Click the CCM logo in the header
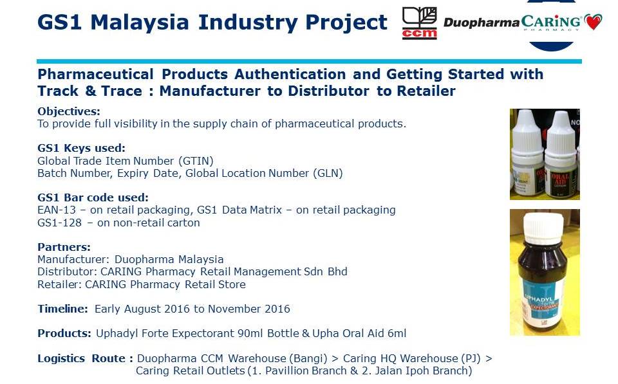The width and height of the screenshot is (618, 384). [419, 23]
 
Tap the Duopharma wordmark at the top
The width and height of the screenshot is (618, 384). [482, 23]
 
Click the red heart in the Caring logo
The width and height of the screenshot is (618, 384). [593, 22]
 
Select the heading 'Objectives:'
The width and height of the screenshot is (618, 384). [69, 111]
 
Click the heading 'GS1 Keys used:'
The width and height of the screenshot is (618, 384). [81, 148]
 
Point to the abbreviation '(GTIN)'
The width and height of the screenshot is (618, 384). [196, 161]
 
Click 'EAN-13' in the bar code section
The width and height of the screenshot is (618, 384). [57, 210]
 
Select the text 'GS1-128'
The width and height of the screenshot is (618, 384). [59, 223]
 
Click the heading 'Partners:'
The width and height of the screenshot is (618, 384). [64, 247]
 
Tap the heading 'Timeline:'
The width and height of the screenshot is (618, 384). [62, 309]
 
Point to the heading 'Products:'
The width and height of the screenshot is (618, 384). [64, 333]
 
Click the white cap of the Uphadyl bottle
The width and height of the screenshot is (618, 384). [545, 228]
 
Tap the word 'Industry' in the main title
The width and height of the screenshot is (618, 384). [248, 23]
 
